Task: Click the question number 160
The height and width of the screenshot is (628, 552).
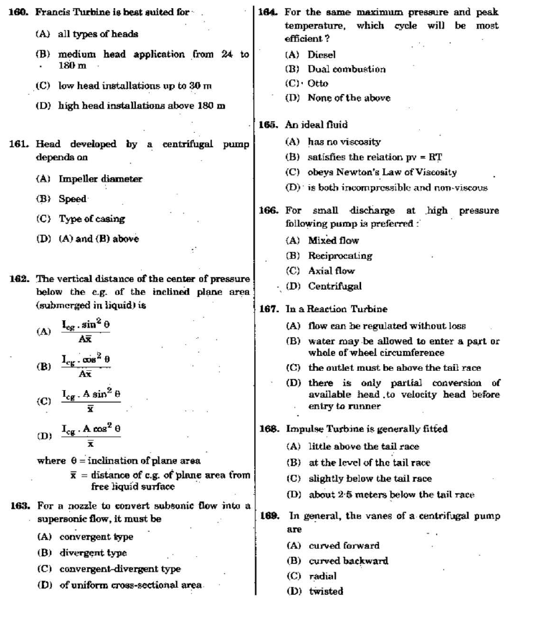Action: point(20,12)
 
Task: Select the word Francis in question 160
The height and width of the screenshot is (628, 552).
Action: point(52,12)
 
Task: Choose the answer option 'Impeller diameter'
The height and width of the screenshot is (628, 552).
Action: point(100,179)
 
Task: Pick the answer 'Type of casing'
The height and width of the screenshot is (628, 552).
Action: point(91,219)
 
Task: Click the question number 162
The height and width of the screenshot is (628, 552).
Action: point(20,279)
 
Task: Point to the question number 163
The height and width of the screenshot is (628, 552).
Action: point(20,506)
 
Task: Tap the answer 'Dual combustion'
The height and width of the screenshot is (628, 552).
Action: point(346,69)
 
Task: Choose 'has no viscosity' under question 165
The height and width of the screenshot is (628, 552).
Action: point(344,142)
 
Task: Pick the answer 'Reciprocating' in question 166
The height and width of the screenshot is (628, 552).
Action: point(340,255)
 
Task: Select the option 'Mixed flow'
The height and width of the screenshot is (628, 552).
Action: point(333,240)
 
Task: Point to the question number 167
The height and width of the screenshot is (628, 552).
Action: point(270,309)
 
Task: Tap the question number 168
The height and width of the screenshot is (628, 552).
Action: point(270,429)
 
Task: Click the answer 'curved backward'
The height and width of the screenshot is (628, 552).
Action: point(348,561)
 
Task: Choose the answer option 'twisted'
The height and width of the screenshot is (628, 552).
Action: point(326,591)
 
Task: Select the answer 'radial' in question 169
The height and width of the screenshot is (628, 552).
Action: point(322,576)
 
